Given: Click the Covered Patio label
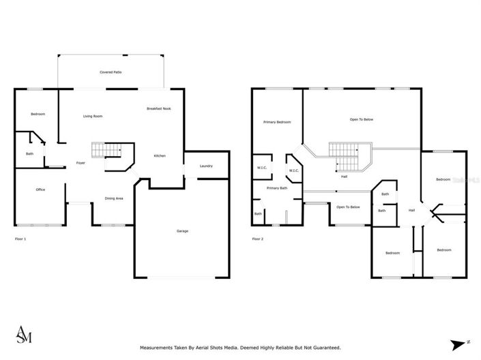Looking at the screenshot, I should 111,72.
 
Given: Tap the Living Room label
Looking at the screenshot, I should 93,117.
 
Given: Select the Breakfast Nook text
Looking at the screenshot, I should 158,109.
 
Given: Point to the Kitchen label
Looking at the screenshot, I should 159,156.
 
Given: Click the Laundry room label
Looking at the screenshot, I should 206,166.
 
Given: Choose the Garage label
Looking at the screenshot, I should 182,231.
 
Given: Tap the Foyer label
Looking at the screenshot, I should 81,163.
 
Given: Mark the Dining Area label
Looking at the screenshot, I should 113,198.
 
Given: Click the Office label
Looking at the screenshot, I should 40,190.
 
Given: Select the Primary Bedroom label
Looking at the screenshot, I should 277,122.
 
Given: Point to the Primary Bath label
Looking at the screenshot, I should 277,188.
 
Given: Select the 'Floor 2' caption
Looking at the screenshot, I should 258,239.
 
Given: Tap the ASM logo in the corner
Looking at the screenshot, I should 23,334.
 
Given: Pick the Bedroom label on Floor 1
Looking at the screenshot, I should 38,114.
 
